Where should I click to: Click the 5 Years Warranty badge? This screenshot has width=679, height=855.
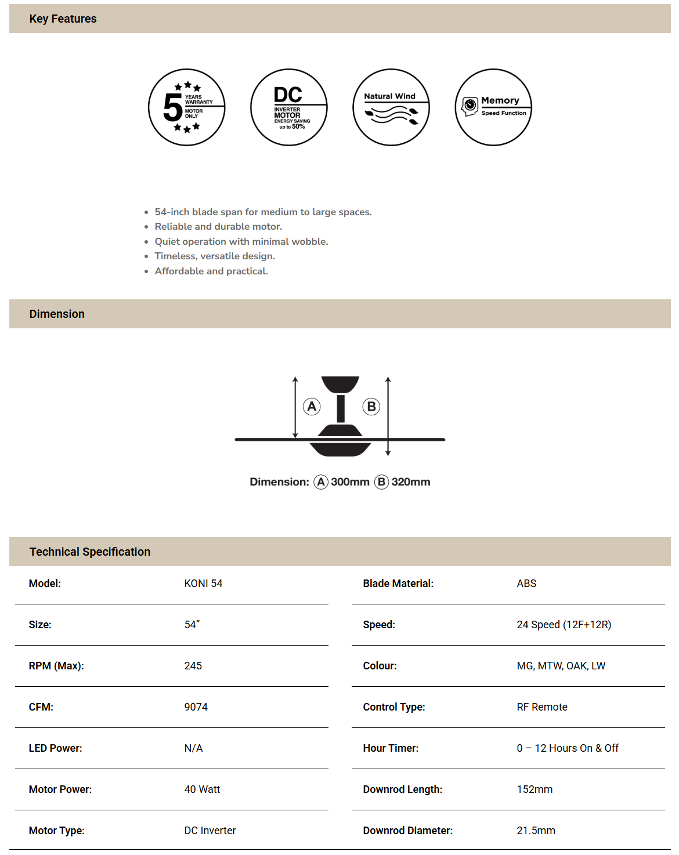[186, 107]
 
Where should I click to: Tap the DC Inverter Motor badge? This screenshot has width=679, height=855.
[289, 107]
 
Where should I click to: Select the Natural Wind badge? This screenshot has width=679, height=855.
[391, 107]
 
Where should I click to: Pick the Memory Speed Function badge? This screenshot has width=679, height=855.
[493, 107]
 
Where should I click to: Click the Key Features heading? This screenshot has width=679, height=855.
[63, 19]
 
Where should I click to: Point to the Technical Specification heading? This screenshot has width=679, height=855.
[90, 552]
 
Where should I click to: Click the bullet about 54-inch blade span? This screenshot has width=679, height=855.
[263, 212]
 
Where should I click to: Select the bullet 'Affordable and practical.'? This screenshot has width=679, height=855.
[211, 271]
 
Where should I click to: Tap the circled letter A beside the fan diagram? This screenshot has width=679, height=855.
[312, 407]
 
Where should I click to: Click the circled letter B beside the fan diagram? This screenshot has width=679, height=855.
[371, 407]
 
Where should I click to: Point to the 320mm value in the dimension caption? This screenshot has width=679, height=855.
[411, 482]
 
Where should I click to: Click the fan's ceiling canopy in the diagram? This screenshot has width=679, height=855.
[340, 384]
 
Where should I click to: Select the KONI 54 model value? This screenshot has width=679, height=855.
[203, 584]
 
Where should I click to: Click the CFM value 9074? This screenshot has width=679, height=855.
[196, 707]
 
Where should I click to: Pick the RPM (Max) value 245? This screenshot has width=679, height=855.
[193, 666]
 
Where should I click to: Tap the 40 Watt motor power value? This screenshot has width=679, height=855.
[202, 789]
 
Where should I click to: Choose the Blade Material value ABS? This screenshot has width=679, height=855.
[526, 584]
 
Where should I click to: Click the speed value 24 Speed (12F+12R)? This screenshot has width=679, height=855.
[564, 625]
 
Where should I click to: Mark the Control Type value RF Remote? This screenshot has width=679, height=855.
[542, 707]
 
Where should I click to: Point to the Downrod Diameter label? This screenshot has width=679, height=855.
[407, 831]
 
